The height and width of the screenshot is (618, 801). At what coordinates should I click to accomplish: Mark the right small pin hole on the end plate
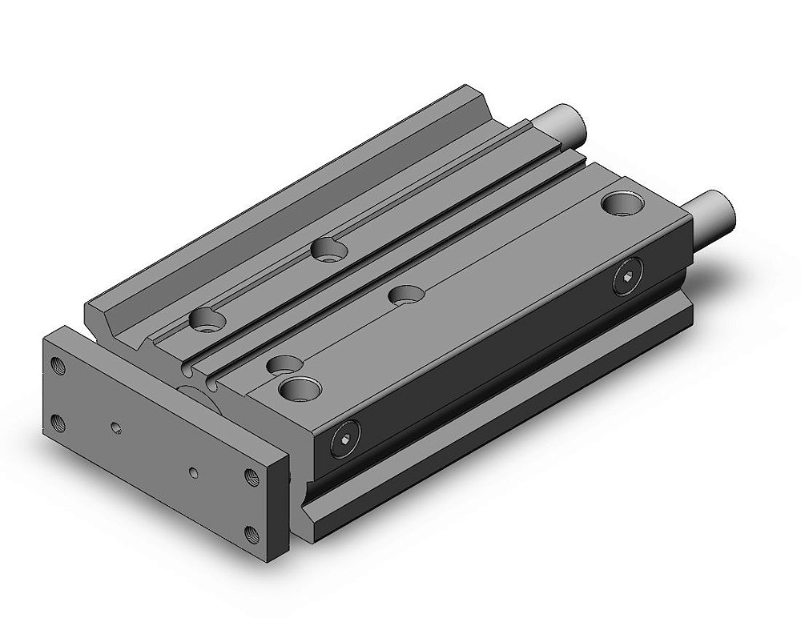[x=193, y=471]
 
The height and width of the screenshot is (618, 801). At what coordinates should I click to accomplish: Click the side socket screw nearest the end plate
[x=343, y=443]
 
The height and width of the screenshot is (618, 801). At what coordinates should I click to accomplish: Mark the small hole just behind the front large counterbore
[x=280, y=364]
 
